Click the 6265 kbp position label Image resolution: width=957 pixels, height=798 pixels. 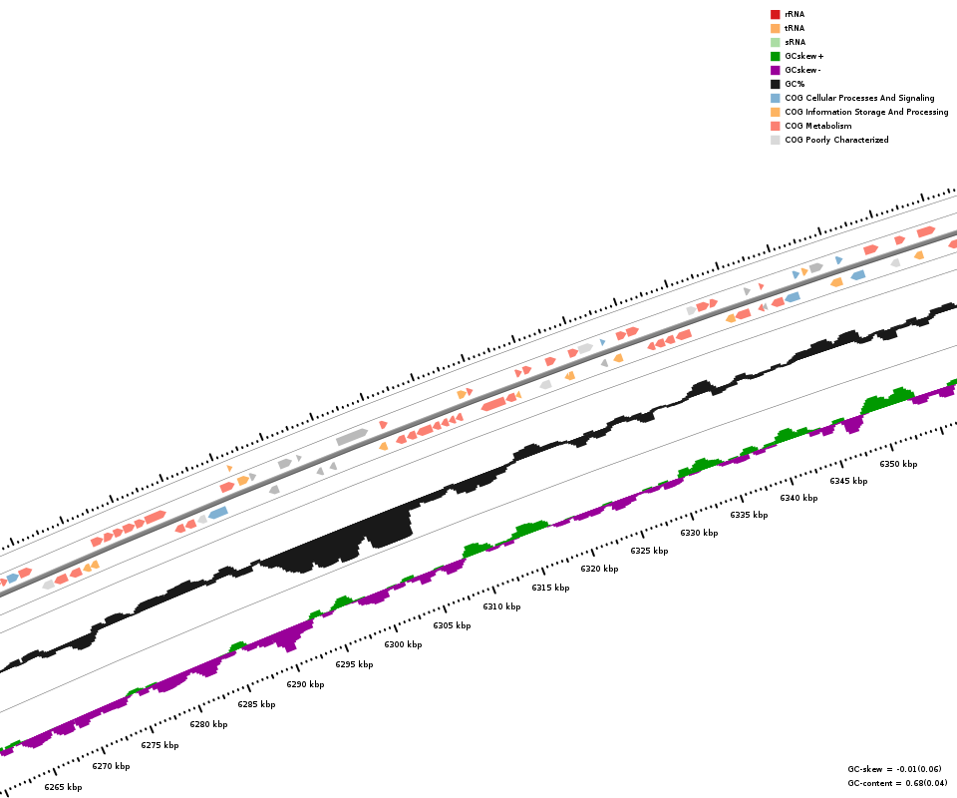pyautogui.click(x=63, y=787)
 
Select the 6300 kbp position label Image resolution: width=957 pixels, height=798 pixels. pyautogui.click(x=403, y=644)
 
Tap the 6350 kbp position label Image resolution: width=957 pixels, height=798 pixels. pyautogui.click(x=898, y=464)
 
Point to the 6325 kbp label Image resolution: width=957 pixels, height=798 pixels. pyautogui.click(x=649, y=551)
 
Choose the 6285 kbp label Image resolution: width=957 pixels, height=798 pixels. pyautogui.click(x=256, y=704)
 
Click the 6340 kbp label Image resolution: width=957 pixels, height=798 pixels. pyautogui.click(x=798, y=498)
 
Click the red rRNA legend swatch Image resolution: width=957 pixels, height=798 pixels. pyautogui.click(x=775, y=14)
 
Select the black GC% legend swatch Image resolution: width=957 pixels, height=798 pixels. pyautogui.click(x=775, y=84)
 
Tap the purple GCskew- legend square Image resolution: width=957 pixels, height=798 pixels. pyautogui.click(x=775, y=70)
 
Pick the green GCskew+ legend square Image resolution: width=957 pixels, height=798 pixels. pyautogui.click(x=775, y=56)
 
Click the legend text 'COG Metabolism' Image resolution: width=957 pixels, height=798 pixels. pyautogui.click(x=817, y=126)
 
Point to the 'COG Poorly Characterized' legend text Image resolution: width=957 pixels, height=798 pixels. pyautogui.click(x=836, y=140)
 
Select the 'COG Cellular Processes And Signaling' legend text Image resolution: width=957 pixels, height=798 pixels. pyautogui.click(x=859, y=98)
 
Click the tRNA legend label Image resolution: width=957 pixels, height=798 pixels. pyautogui.click(x=795, y=28)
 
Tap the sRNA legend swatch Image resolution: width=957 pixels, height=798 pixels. pyautogui.click(x=775, y=42)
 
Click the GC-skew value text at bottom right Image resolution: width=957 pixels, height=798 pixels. pyautogui.click(x=894, y=769)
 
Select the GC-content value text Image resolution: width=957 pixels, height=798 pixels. pyautogui.click(x=897, y=783)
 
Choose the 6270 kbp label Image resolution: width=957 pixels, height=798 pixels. pyautogui.click(x=111, y=766)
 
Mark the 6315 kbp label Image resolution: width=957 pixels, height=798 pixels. pyautogui.click(x=550, y=588)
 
